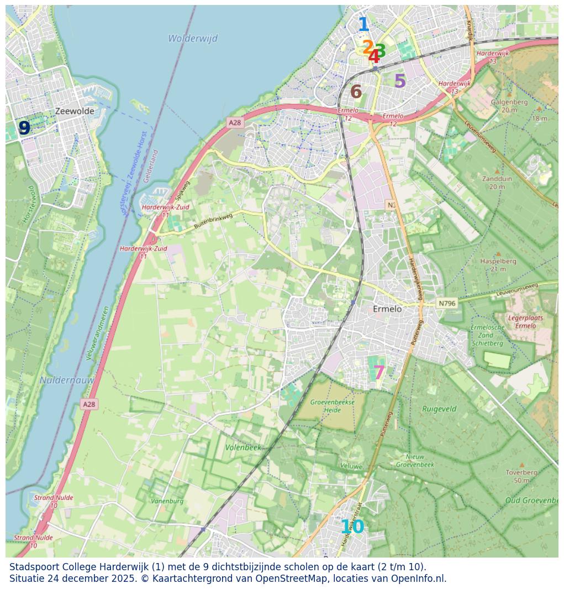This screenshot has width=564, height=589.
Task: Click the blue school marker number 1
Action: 363,25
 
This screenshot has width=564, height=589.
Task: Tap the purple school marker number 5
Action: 400,82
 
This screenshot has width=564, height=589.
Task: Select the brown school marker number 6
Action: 356,92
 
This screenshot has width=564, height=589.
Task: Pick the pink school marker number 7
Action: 379,373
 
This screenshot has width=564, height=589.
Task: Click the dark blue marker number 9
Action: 24,128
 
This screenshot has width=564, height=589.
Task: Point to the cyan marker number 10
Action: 352,527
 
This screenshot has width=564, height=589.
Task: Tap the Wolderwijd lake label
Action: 193,39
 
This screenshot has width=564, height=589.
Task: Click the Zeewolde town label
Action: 75,111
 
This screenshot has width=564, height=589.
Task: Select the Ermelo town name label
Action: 387,309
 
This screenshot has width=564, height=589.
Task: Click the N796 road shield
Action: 447,303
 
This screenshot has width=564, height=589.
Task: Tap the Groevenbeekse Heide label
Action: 332,406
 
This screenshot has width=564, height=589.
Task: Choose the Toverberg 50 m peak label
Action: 521,476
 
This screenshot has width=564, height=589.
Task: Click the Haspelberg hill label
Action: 498,264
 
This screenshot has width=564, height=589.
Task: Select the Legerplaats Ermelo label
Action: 525,322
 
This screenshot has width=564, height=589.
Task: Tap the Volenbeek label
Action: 243,447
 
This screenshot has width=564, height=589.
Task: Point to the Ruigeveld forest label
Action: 439,409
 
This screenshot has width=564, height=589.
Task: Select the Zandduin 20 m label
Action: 497,183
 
